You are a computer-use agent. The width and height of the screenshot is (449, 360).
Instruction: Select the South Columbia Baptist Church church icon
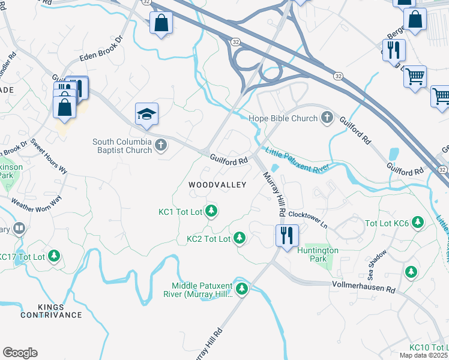point(160,145)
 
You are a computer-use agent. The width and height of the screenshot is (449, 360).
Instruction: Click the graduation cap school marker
point(146,114)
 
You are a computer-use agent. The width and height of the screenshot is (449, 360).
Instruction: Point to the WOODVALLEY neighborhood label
point(217,185)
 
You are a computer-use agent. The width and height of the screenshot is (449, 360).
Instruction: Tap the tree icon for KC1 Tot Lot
point(211,211)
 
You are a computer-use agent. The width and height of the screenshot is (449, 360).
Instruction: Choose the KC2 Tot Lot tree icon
point(240,238)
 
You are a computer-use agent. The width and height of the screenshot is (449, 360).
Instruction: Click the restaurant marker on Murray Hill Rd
point(286,234)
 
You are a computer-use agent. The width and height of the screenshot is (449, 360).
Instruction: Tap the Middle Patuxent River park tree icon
point(242,289)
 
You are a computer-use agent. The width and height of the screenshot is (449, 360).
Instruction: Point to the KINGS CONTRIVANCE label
point(51,311)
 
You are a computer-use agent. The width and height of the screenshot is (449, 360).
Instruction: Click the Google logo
point(20,352)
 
